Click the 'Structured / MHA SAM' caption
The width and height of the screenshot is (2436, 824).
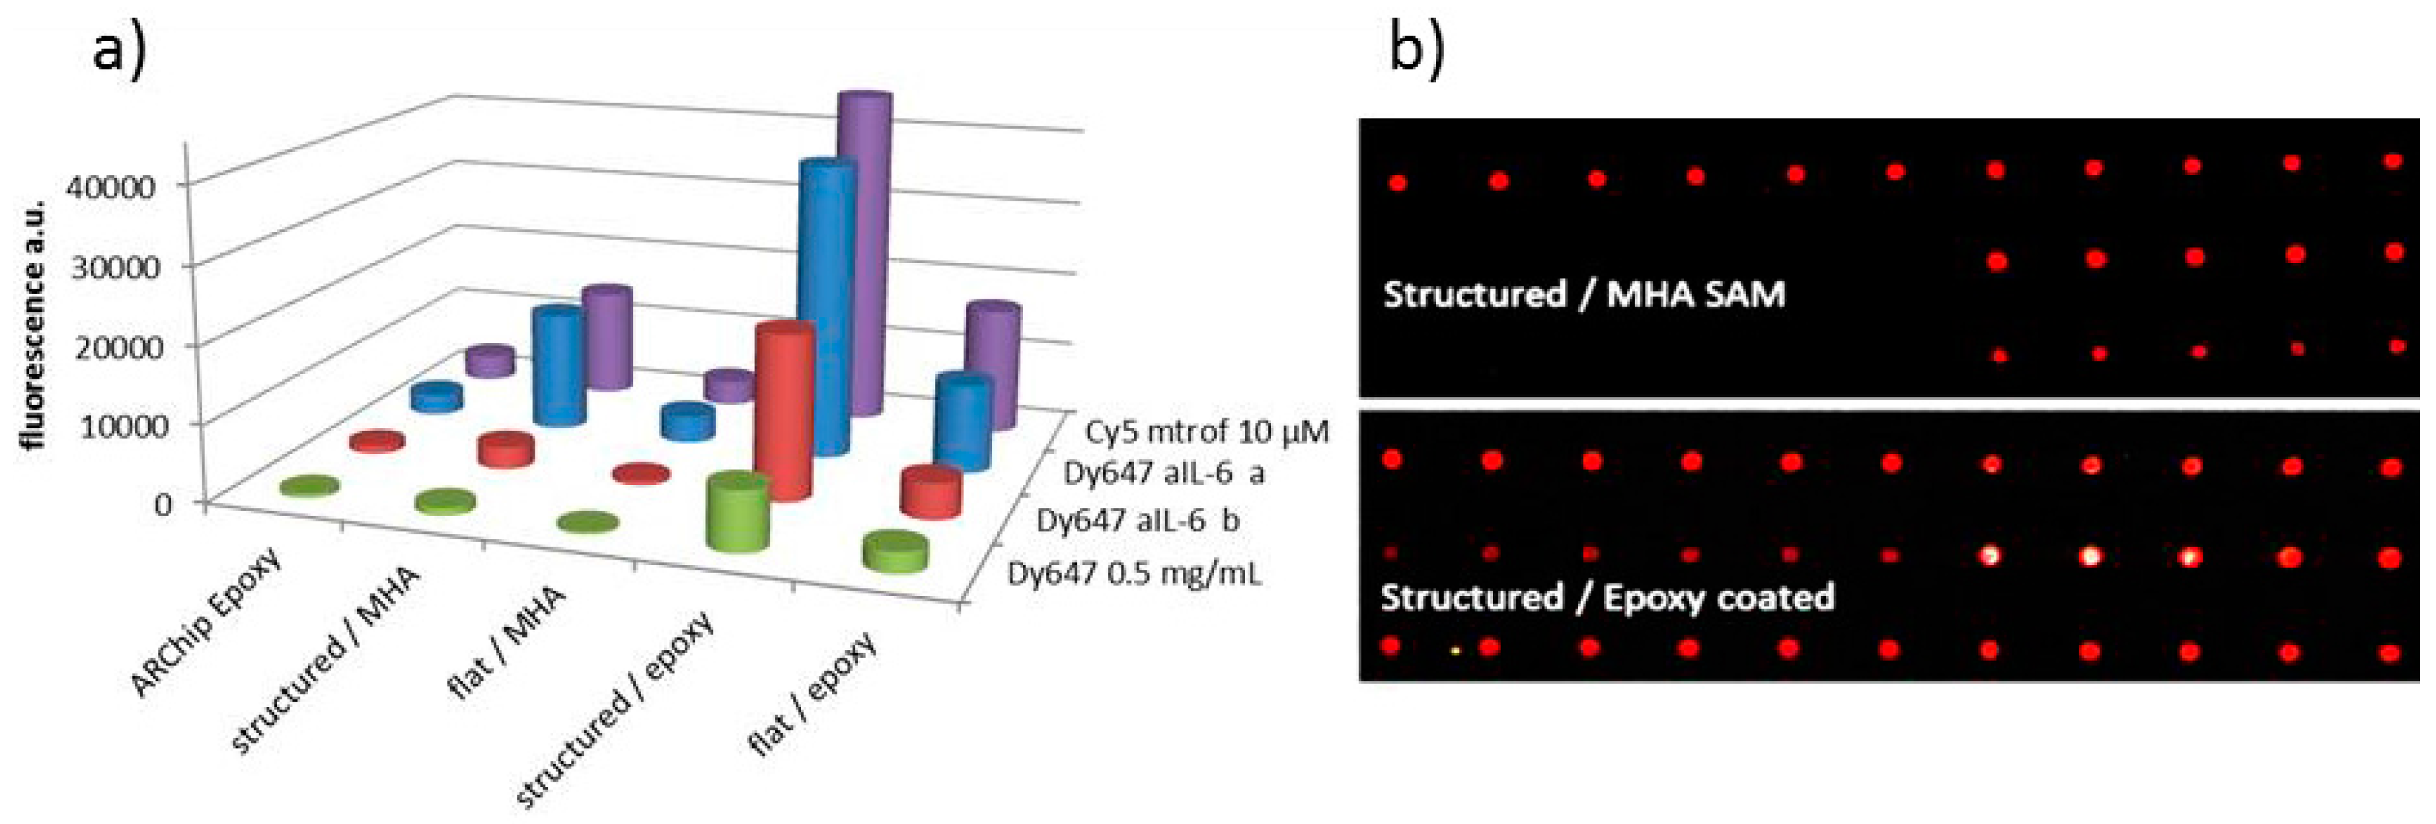[1584, 294]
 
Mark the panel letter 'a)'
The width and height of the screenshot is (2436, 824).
[120, 49]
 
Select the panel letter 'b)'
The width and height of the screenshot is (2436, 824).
[1416, 49]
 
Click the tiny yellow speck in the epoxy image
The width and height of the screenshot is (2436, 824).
[1455, 651]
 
